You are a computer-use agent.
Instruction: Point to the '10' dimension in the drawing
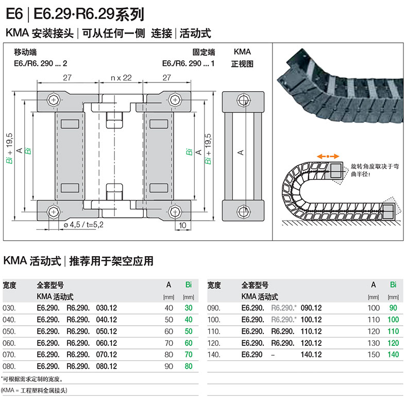pos(183,225)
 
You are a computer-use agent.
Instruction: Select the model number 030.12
pos(107,308)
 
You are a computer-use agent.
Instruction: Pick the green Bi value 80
pos(188,366)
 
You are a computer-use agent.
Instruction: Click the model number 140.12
pos(311,355)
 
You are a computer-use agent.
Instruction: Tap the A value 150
pos(374,355)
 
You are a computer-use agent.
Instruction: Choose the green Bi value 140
pos(393,355)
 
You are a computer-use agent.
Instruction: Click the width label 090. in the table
pos(214,308)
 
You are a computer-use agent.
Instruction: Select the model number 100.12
pos(311,320)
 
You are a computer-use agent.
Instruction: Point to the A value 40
pos(169,308)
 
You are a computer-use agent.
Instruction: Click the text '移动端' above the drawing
pos(25,52)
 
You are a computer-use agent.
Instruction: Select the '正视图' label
pos(242,64)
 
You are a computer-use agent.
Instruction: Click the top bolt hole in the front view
pos(242,99)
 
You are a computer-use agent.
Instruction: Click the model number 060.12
pos(107,343)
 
